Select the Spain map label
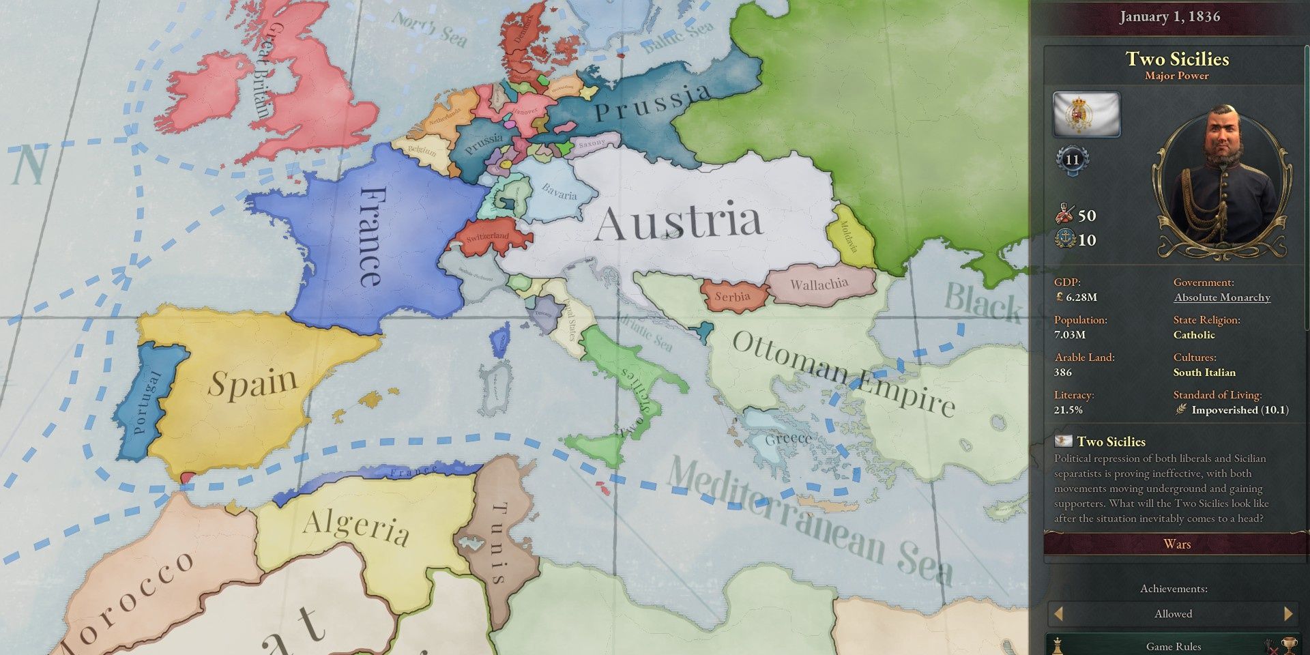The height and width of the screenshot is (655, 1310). (253, 383)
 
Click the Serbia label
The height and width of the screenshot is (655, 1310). (732, 297)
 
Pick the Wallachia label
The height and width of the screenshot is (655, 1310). (819, 284)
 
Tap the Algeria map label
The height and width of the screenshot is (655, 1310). (355, 526)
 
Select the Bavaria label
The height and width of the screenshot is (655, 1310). (559, 192)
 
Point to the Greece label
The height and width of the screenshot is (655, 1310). (788, 439)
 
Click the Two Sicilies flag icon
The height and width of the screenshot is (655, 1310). (1086, 114)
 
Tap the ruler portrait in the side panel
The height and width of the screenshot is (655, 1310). (1221, 181)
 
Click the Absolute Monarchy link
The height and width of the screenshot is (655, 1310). (1222, 297)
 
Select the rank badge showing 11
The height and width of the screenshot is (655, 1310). (1072, 160)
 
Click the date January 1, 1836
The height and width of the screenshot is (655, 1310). (1169, 16)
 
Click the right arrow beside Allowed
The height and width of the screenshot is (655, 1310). (1288, 613)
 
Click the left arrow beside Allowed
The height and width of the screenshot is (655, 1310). (1058, 613)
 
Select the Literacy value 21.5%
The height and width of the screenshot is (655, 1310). (1068, 410)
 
